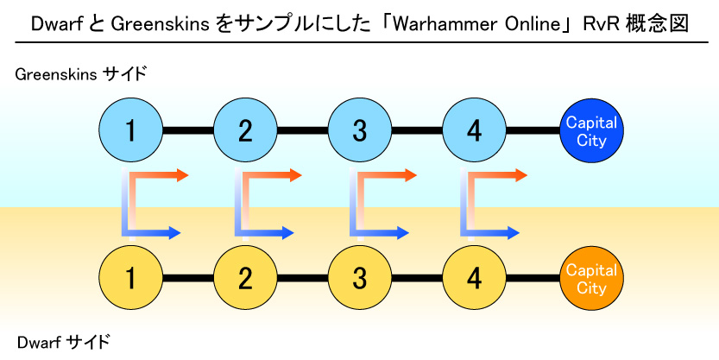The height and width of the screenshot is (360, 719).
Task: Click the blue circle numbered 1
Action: [130, 131]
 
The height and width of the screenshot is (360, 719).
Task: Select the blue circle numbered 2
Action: [245, 131]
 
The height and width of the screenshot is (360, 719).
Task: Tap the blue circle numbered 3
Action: [360, 131]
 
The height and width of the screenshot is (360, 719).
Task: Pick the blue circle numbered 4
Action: [473, 131]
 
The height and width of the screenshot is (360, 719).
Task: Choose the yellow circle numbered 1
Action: [130, 278]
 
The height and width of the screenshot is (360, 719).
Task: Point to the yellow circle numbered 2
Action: [245, 278]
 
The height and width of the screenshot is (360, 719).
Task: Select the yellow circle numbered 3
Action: [360, 278]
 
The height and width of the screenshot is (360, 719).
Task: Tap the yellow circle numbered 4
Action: [473, 278]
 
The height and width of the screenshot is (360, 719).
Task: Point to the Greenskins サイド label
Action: [81, 75]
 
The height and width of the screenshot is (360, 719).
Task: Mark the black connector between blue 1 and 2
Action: [187, 131]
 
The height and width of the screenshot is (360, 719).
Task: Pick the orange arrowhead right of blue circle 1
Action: [182, 175]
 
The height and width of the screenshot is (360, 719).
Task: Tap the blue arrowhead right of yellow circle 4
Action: [514, 232]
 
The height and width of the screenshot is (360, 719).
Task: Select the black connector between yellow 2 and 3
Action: [302, 278]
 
